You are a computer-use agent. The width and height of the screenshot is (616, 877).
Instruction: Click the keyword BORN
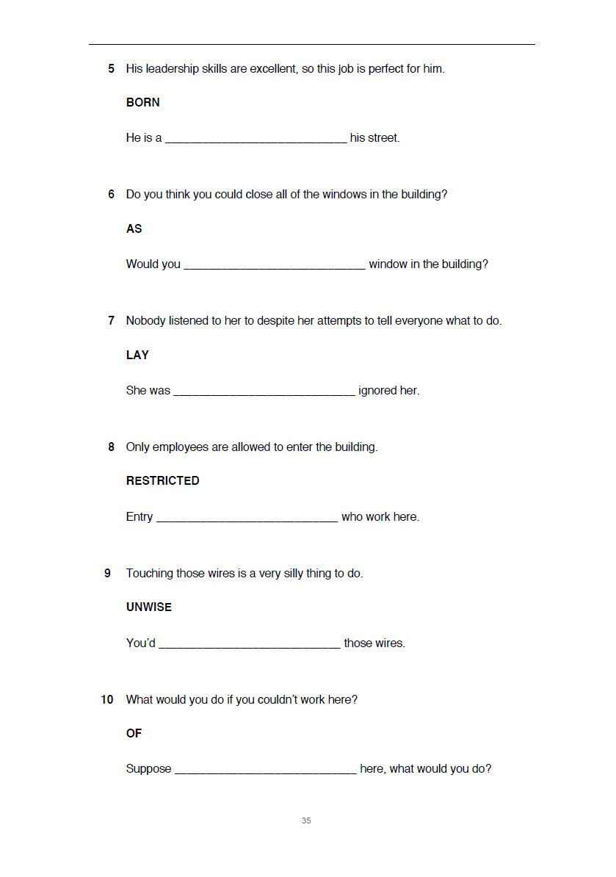tap(142, 103)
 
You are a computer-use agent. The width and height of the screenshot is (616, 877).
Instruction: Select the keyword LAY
tap(137, 356)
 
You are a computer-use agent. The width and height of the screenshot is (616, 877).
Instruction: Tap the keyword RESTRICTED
tap(162, 481)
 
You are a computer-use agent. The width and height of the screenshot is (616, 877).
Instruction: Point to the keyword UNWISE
tap(149, 607)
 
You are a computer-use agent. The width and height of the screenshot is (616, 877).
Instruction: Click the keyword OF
tap(134, 734)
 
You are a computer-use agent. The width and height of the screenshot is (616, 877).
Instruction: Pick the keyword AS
tap(134, 229)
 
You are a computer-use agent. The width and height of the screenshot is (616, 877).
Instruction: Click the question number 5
tap(111, 69)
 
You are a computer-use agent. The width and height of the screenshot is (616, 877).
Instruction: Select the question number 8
tap(111, 447)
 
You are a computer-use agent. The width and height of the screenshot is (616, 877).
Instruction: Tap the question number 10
tap(107, 700)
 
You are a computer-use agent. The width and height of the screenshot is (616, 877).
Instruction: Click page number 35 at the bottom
tap(306, 820)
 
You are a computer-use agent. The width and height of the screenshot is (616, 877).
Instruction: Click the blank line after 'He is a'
tap(256, 140)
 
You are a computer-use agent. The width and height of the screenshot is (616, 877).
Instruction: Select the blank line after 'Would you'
tap(274, 267)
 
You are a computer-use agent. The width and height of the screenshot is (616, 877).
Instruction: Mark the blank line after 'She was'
tap(264, 393)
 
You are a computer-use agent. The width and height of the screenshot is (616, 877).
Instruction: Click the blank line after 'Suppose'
tap(266, 771)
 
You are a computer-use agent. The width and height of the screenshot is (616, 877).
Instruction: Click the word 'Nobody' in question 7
tap(146, 321)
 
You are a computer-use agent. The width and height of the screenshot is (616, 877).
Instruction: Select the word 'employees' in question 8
tap(180, 447)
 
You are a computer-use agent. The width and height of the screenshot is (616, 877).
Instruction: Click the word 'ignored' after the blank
tap(377, 391)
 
